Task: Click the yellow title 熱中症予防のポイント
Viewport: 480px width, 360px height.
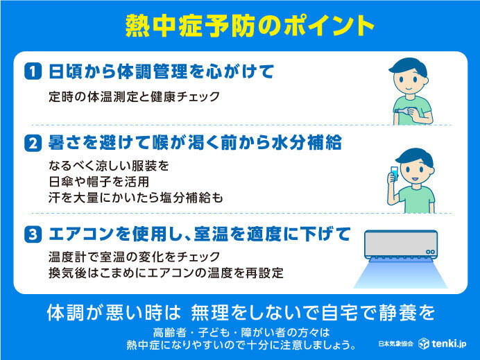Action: [240, 25]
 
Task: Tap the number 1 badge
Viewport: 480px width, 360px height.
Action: [33, 71]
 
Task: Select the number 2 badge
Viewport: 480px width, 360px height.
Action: [33, 144]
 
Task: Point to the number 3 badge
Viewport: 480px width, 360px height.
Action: [33, 233]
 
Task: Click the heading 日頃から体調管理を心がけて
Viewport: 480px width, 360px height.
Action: [161, 71]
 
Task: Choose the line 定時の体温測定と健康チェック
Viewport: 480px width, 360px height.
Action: [134, 96]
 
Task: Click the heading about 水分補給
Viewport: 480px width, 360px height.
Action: [195, 144]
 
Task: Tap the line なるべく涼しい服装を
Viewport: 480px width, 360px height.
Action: [109, 167]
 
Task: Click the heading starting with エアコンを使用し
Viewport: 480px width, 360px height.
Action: [199, 233]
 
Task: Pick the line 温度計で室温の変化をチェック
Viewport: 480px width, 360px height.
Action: [134, 257]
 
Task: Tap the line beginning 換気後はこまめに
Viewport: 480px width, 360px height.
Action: [166, 272]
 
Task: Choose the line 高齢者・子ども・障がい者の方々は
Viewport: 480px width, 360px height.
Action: [239, 331]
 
